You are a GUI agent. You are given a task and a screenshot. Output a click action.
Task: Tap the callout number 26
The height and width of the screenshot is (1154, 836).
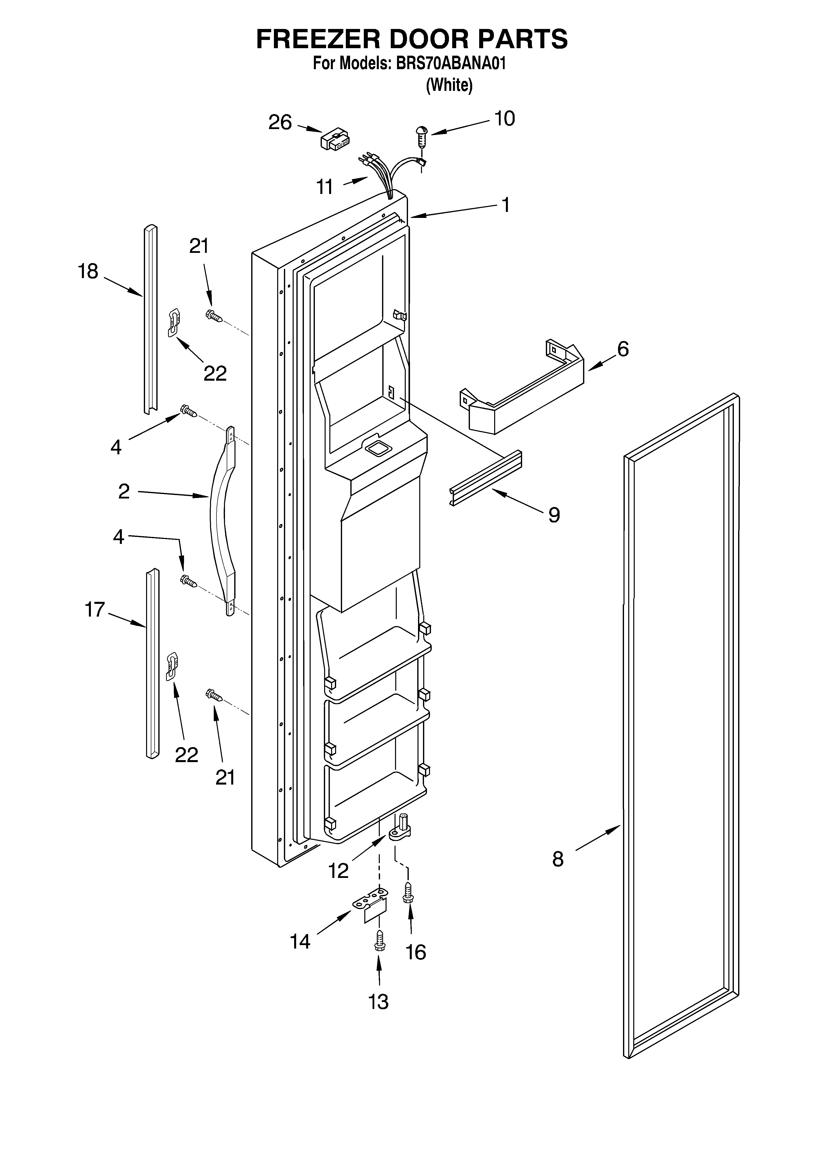280,123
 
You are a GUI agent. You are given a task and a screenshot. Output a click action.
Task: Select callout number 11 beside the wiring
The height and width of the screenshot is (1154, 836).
325,187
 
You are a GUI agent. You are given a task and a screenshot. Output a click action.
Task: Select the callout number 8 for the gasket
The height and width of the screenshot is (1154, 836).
558,859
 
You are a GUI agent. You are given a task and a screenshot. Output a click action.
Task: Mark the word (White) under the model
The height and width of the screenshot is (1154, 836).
449,85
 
